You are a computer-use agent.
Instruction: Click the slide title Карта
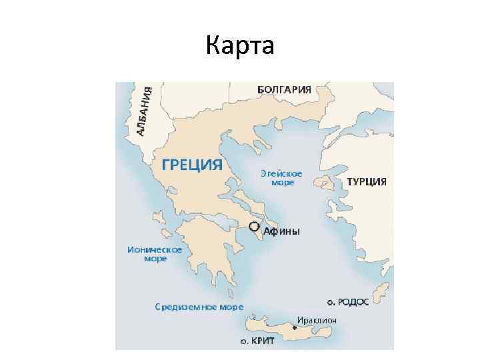240,46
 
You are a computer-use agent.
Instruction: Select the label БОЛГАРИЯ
284,89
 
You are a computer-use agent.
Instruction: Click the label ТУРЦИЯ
367,181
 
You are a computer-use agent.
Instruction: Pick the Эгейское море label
281,177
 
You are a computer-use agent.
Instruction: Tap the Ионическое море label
155,253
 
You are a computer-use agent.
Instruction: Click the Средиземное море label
199,307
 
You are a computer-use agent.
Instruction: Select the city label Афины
282,231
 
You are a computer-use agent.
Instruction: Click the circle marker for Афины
254,226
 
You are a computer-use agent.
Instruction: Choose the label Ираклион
317,320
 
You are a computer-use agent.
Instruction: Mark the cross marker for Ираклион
295,328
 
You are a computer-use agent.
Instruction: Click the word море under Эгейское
281,182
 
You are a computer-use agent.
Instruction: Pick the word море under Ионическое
155,258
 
